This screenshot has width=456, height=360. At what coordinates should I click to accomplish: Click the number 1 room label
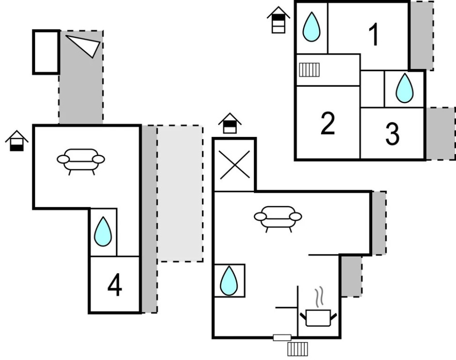tap(374, 35)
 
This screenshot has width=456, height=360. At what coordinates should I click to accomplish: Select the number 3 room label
tap(392, 134)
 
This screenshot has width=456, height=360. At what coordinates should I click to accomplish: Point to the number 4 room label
tap(115, 285)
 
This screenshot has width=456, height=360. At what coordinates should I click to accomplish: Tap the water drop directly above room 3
tap(404, 89)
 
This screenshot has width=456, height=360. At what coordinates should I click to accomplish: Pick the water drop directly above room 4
tap(103, 232)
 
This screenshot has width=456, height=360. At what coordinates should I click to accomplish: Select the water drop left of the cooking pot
tap(229, 281)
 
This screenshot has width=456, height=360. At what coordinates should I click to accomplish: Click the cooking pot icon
tap(319, 317)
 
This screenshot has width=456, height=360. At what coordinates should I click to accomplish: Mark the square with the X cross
tap(234, 165)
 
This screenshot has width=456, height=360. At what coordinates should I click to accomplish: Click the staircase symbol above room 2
tap(309, 70)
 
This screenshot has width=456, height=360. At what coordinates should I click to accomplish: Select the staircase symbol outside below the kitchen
tap(298, 349)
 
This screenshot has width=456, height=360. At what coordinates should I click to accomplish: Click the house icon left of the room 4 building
tap(17, 141)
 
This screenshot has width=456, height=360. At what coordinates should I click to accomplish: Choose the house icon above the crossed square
tap(230, 124)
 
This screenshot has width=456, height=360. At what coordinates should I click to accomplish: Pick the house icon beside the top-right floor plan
tap(278, 20)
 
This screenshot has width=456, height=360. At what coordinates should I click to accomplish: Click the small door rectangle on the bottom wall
tap(282, 337)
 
